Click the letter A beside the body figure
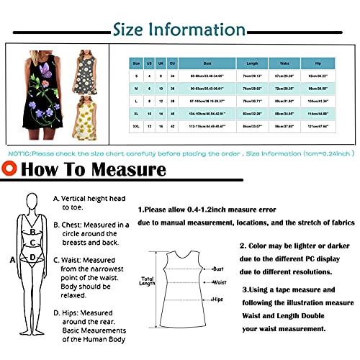11,258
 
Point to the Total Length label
147,282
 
